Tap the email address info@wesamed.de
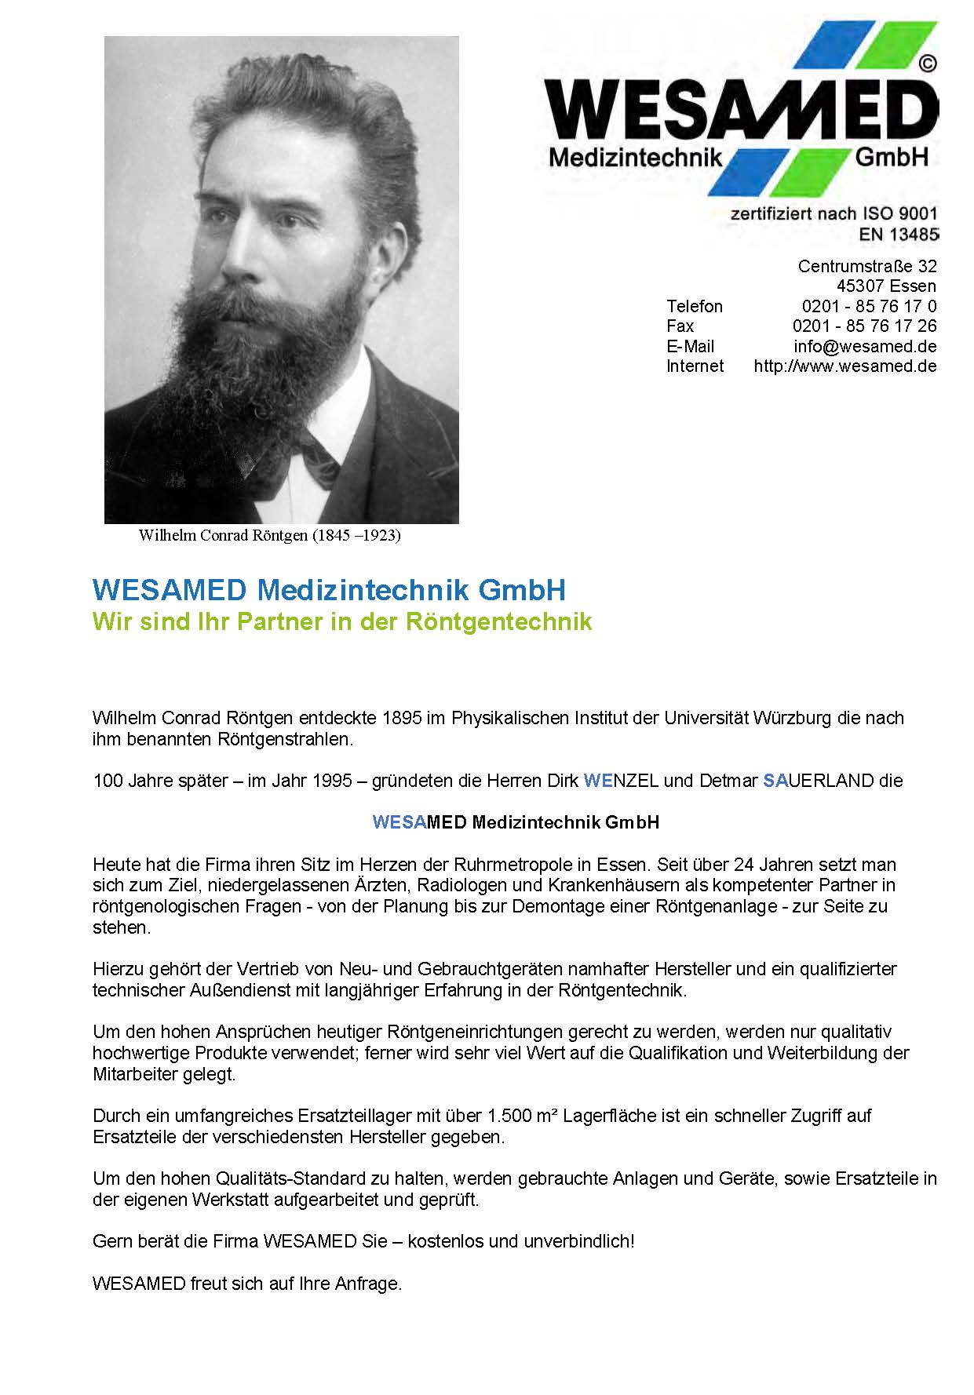point(865,346)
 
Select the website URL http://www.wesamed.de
point(844,366)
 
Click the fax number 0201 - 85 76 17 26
point(864,326)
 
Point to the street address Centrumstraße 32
point(866,266)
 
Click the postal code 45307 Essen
point(885,286)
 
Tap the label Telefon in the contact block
point(695,306)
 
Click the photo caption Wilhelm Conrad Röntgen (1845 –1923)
point(269,536)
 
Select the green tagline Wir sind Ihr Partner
point(341,621)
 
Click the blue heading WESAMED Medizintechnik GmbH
point(329,590)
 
